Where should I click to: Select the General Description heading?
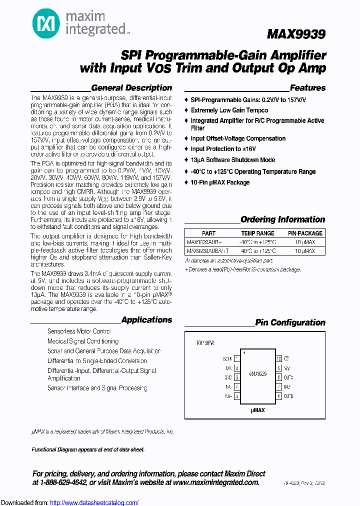pyautogui.click(x=131, y=88)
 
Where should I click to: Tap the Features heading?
pyautogui.click(x=307, y=88)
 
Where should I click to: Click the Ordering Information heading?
pyautogui.click(x=282, y=219)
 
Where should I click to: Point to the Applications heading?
pyautogui.click(x=146, y=320)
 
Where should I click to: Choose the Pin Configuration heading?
pyautogui.click(x=290, y=322)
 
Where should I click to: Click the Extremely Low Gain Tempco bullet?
pyautogui.click(x=229, y=110)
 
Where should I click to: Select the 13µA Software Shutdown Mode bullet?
pyautogui.click(x=232, y=160)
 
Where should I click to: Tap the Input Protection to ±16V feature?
pyautogui.click(x=223, y=149)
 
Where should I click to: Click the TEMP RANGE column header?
pyautogui.click(x=257, y=233)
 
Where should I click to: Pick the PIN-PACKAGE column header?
pyautogui.click(x=305, y=233)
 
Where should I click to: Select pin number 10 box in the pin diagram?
pyautogui.click(x=278, y=358)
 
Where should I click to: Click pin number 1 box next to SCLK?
pyautogui.click(x=236, y=358)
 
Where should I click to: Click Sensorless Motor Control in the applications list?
pyautogui.click(x=79, y=331)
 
